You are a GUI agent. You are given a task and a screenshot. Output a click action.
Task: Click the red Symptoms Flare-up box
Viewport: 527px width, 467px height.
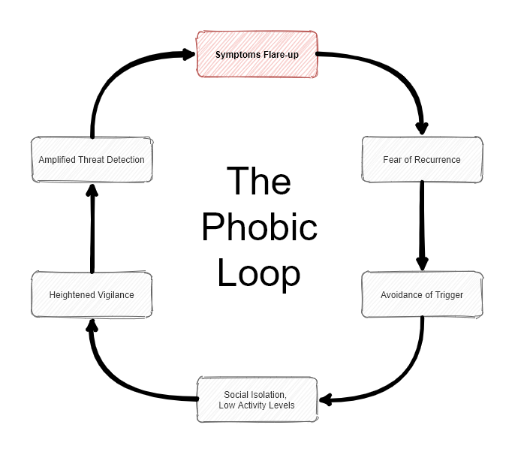[257, 54]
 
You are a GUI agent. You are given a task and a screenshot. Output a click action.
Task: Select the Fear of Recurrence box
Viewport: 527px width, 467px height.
[422, 159]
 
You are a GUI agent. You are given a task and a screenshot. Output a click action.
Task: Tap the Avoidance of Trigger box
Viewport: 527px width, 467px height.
[422, 294]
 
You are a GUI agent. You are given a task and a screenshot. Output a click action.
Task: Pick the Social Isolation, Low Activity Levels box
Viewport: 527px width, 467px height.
[257, 399]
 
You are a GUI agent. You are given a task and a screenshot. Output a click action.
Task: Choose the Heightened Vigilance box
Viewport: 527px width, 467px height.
[92, 294]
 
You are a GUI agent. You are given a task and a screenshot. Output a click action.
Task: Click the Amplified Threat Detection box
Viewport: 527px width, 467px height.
[92, 159]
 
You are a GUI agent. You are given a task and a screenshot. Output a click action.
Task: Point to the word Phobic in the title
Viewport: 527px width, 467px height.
[259, 227]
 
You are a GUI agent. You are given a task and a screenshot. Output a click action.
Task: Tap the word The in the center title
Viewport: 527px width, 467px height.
[259, 182]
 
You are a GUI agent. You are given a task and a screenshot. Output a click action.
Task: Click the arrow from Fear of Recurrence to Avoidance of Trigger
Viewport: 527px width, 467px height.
[422, 225]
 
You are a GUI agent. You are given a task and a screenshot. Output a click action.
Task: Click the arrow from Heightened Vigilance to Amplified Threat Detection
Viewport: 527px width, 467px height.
[92, 229]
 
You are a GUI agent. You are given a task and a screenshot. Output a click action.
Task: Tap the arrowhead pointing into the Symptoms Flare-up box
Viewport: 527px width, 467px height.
[188, 54]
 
